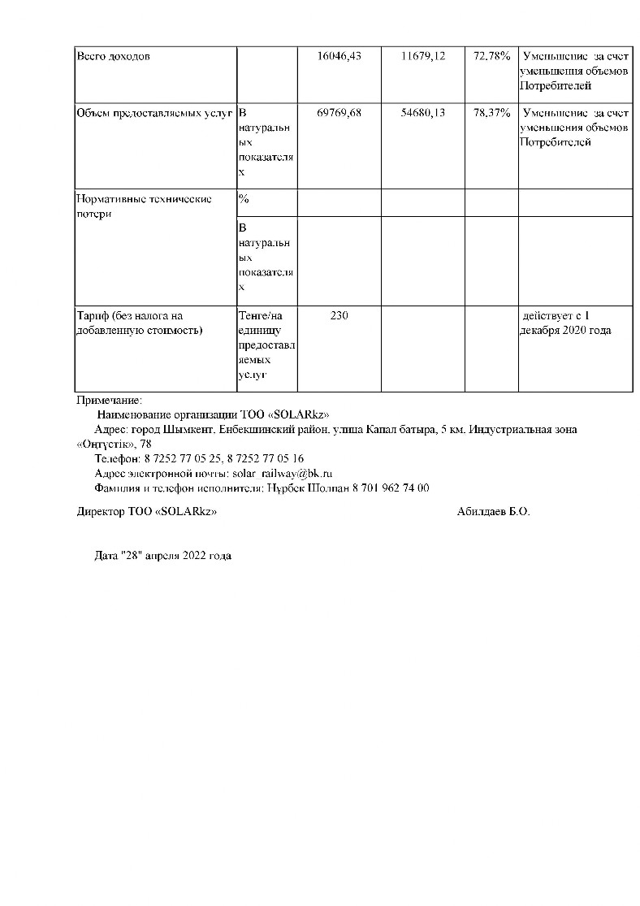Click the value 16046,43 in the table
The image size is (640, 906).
click(x=339, y=56)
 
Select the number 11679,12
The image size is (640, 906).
click(x=423, y=56)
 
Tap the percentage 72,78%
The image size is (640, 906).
click(x=491, y=56)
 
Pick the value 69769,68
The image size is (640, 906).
click(x=339, y=113)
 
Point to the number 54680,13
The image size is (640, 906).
click(x=423, y=113)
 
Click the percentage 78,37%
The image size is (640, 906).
click(x=491, y=113)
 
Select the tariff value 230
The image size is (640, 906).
click(x=339, y=315)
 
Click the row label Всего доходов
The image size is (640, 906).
click(x=113, y=57)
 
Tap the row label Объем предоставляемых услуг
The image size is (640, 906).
click(x=155, y=114)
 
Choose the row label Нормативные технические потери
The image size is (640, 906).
click(x=144, y=206)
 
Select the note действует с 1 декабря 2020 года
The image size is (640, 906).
click(x=567, y=323)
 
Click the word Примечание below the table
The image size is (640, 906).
click(x=109, y=400)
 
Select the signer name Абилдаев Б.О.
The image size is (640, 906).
click(x=493, y=512)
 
